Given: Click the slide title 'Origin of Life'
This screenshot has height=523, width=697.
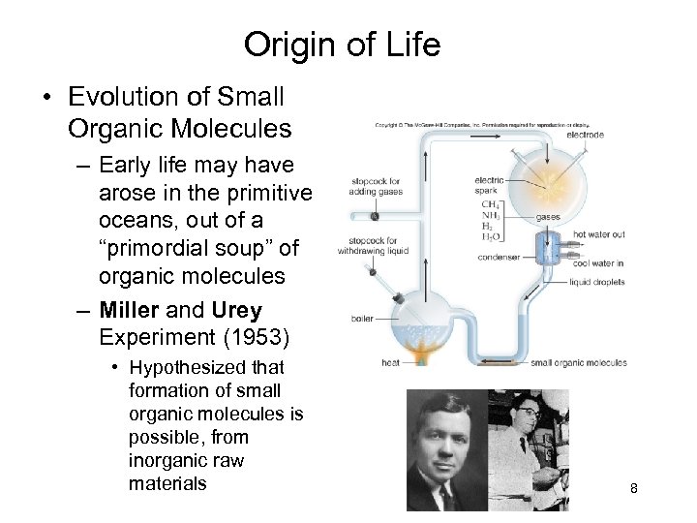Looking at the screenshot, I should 342,45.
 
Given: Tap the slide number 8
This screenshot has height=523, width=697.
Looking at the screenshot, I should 633,488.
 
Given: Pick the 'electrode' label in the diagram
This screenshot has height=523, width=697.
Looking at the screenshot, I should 586,135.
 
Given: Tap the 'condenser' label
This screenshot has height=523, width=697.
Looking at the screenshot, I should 498,258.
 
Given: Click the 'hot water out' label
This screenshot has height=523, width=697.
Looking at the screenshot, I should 599,234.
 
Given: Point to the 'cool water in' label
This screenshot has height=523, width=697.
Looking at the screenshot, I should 598,263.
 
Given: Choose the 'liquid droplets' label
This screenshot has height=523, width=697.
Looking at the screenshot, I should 596,283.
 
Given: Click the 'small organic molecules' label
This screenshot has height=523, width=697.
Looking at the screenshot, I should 579,363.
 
